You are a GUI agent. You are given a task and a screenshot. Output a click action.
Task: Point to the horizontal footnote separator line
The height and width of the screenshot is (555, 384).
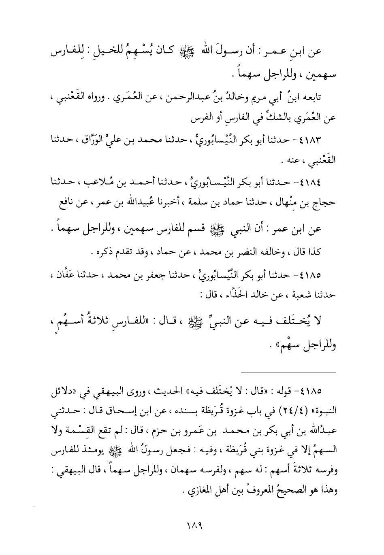288,372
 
